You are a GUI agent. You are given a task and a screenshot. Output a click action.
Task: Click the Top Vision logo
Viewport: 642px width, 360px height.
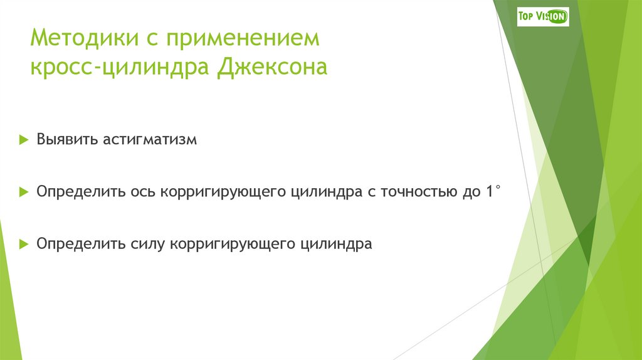tap(543, 16)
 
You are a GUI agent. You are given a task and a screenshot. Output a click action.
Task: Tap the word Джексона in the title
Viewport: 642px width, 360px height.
tap(272, 66)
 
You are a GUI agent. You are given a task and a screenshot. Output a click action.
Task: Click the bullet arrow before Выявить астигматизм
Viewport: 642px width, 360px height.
tap(23, 139)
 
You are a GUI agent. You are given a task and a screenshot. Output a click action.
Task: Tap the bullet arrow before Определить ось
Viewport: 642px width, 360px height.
tap(23, 191)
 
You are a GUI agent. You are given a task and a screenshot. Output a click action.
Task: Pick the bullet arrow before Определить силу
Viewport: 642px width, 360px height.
tap(23, 243)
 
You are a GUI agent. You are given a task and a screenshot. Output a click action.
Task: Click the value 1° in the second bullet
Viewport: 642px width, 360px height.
tap(492, 191)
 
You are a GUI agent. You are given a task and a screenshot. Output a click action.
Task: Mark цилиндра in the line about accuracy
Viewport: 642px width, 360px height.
tap(325, 192)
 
